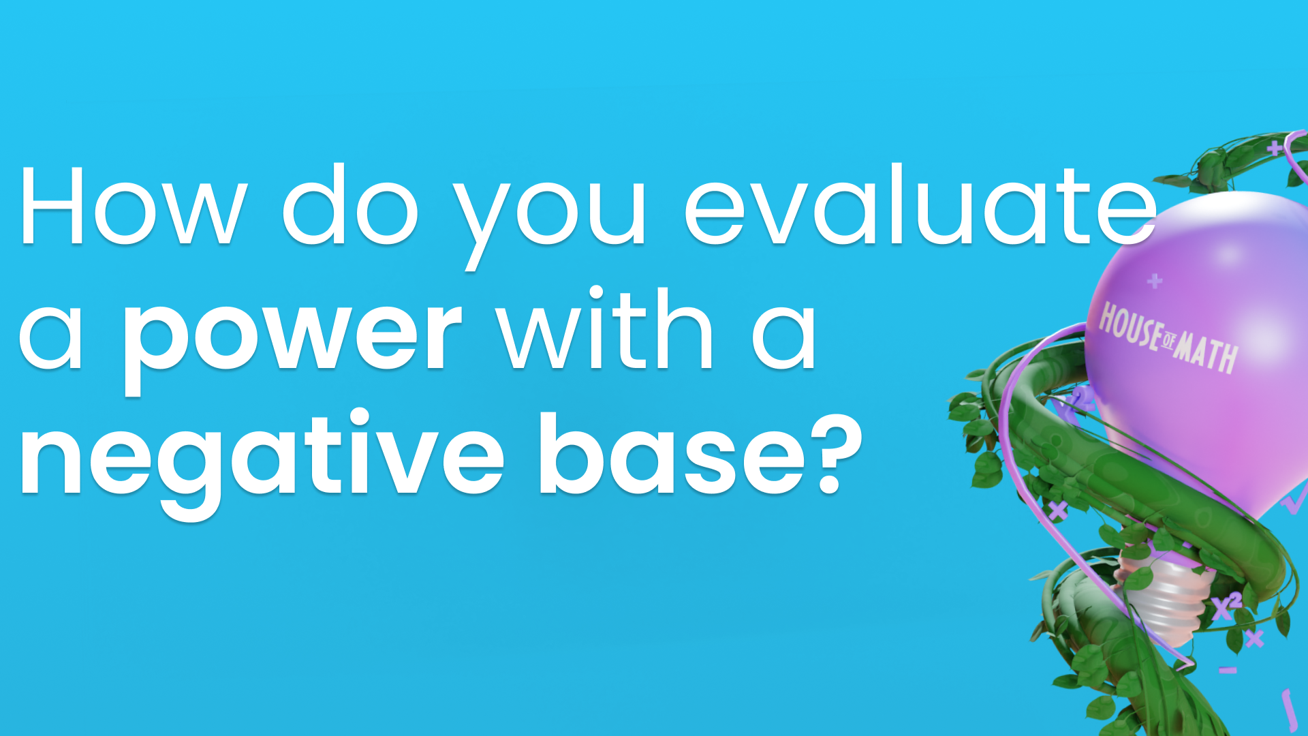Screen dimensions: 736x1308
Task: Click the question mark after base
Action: [838, 453]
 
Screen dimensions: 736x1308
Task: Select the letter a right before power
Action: [51, 337]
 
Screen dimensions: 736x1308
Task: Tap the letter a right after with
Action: [783, 337]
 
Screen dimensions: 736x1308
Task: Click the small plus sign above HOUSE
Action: [1154, 281]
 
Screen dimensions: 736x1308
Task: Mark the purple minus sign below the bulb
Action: [1228, 671]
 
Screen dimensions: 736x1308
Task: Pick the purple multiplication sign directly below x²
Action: [1254, 639]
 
